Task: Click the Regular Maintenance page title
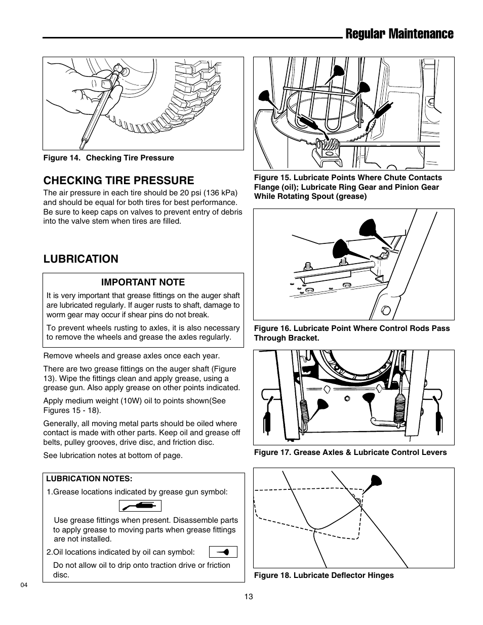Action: click(x=398, y=33)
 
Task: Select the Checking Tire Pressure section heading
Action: click(x=118, y=180)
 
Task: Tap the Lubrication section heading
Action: click(x=80, y=259)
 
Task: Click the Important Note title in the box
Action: click(x=143, y=282)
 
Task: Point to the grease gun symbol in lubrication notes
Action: click(x=140, y=506)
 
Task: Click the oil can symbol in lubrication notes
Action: click(x=223, y=552)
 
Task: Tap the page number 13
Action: click(x=248, y=597)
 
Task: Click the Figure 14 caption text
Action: click(x=108, y=158)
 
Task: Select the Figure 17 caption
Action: click(x=350, y=452)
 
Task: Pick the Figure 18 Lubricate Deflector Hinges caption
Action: click(x=324, y=575)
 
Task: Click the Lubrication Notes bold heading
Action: click(x=89, y=478)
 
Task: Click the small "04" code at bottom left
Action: click(x=24, y=585)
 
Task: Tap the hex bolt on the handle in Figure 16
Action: click(x=386, y=310)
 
